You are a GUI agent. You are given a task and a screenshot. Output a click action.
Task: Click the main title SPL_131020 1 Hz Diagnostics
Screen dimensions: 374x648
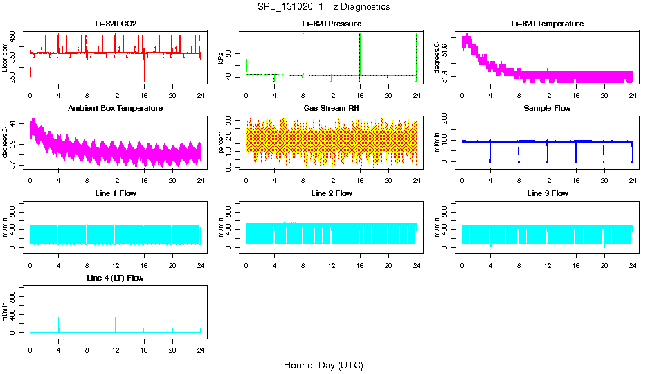(x=323, y=7)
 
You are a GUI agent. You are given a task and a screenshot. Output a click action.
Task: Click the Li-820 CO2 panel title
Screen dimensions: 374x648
(x=116, y=24)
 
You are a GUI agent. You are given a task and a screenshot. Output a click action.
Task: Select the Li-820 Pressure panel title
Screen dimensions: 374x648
(x=331, y=24)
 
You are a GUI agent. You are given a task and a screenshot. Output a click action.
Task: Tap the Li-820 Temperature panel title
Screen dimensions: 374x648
(x=547, y=24)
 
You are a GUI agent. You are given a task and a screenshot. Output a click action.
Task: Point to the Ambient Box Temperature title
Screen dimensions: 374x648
(x=116, y=108)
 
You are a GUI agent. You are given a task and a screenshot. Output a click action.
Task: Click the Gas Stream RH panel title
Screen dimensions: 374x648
(x=331, y=108)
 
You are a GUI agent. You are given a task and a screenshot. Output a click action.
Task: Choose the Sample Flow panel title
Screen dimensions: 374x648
(x=547, y=108)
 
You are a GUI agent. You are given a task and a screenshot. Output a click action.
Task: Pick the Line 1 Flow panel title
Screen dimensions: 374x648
(x=116, y=193)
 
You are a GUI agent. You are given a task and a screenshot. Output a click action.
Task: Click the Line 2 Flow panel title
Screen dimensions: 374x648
(x=331, y=193)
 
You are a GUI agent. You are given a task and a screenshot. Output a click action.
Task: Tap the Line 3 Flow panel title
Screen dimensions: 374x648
(x=547, y=193)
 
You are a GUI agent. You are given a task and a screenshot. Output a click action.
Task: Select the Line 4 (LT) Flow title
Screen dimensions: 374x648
(x=116, y=278)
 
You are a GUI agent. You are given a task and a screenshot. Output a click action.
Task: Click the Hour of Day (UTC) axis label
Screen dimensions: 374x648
(x=323, y=365)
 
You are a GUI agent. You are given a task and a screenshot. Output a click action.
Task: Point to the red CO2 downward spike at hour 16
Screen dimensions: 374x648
(x=144, y=73)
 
